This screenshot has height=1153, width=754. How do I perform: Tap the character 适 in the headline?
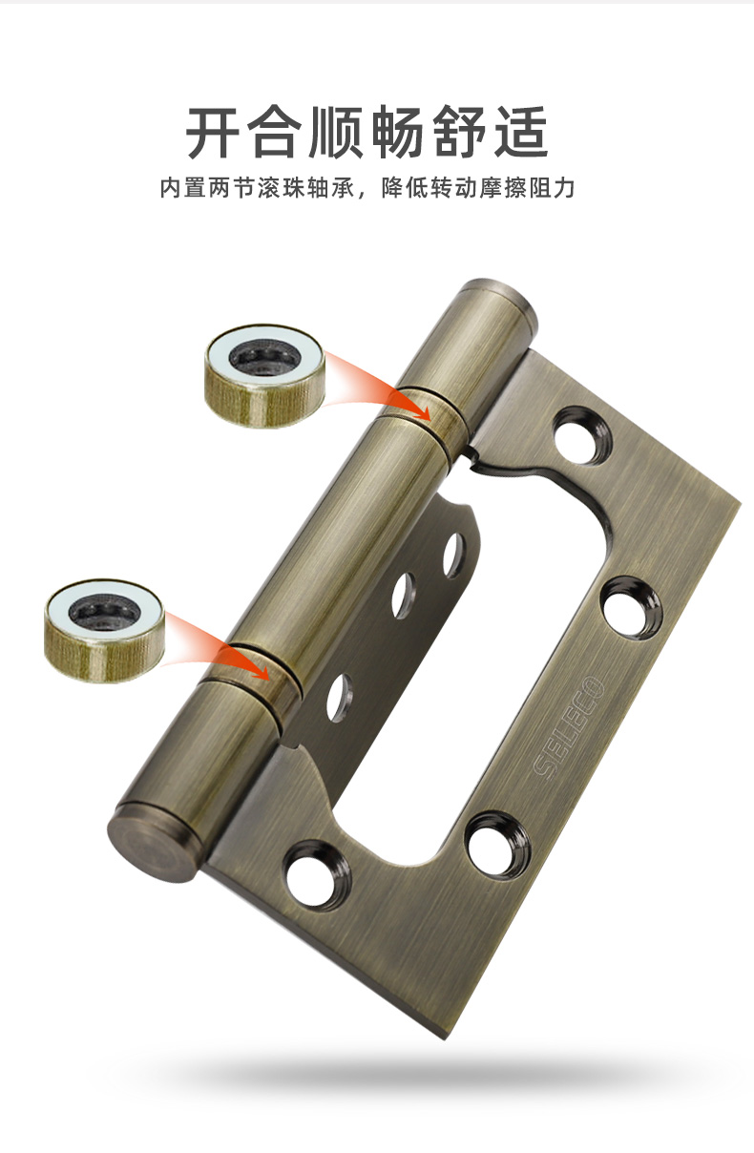pos(520,132)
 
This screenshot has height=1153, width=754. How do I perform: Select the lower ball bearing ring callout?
pos(104,631)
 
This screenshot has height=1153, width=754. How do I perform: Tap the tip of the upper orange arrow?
pos(430,420)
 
